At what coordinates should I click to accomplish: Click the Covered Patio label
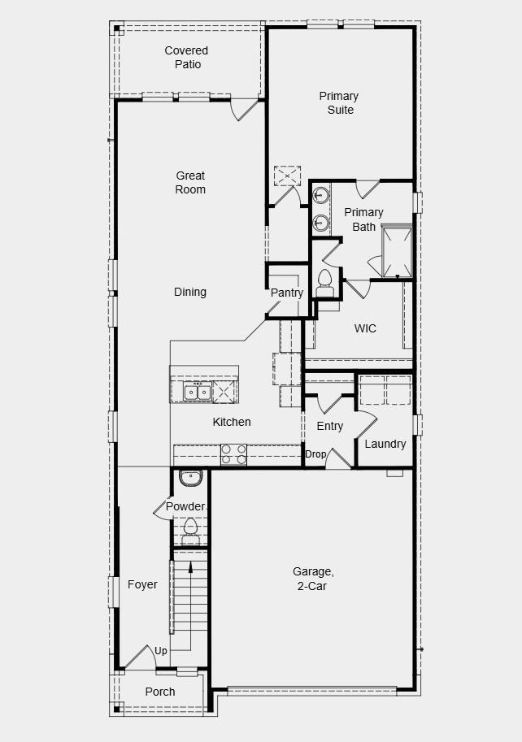pos(186,58)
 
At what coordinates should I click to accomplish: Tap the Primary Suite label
pos(339,103)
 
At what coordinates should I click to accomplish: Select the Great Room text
pos(190,182)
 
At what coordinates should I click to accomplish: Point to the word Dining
pos(189,292)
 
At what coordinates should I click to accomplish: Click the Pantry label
pos(287,293)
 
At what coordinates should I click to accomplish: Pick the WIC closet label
pos(365,329)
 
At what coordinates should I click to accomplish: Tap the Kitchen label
pos(232,422)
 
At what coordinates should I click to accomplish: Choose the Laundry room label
pos(385,444)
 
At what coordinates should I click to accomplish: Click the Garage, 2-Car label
pos(313,579)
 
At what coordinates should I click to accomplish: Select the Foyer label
pos(142,584)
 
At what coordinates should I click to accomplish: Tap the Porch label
pos(160,692)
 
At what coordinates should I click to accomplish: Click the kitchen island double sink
pos(198,392)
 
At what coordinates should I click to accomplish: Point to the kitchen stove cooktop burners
pos(234,454)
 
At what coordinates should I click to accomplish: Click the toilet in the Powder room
pos(190,527)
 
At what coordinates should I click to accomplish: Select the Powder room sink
pos(190,478)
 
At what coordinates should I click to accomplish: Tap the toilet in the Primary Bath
pos(326,280)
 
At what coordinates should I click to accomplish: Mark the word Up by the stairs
pos(161,651)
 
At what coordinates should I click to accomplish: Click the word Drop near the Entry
pos(315,454)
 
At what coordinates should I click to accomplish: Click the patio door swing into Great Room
pos(245,109)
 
